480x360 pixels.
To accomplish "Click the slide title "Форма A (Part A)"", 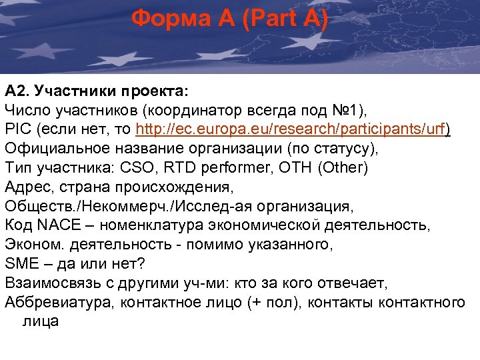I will tap(229, 19).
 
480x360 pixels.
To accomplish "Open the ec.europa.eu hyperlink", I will tap(293, 129).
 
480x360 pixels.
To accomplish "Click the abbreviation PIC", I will tap(17, 129).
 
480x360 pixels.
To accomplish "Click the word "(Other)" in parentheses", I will tap(344, 167).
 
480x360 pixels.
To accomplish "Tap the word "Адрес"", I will tap(26, 186).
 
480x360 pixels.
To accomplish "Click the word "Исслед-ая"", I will tap(215, 205).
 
